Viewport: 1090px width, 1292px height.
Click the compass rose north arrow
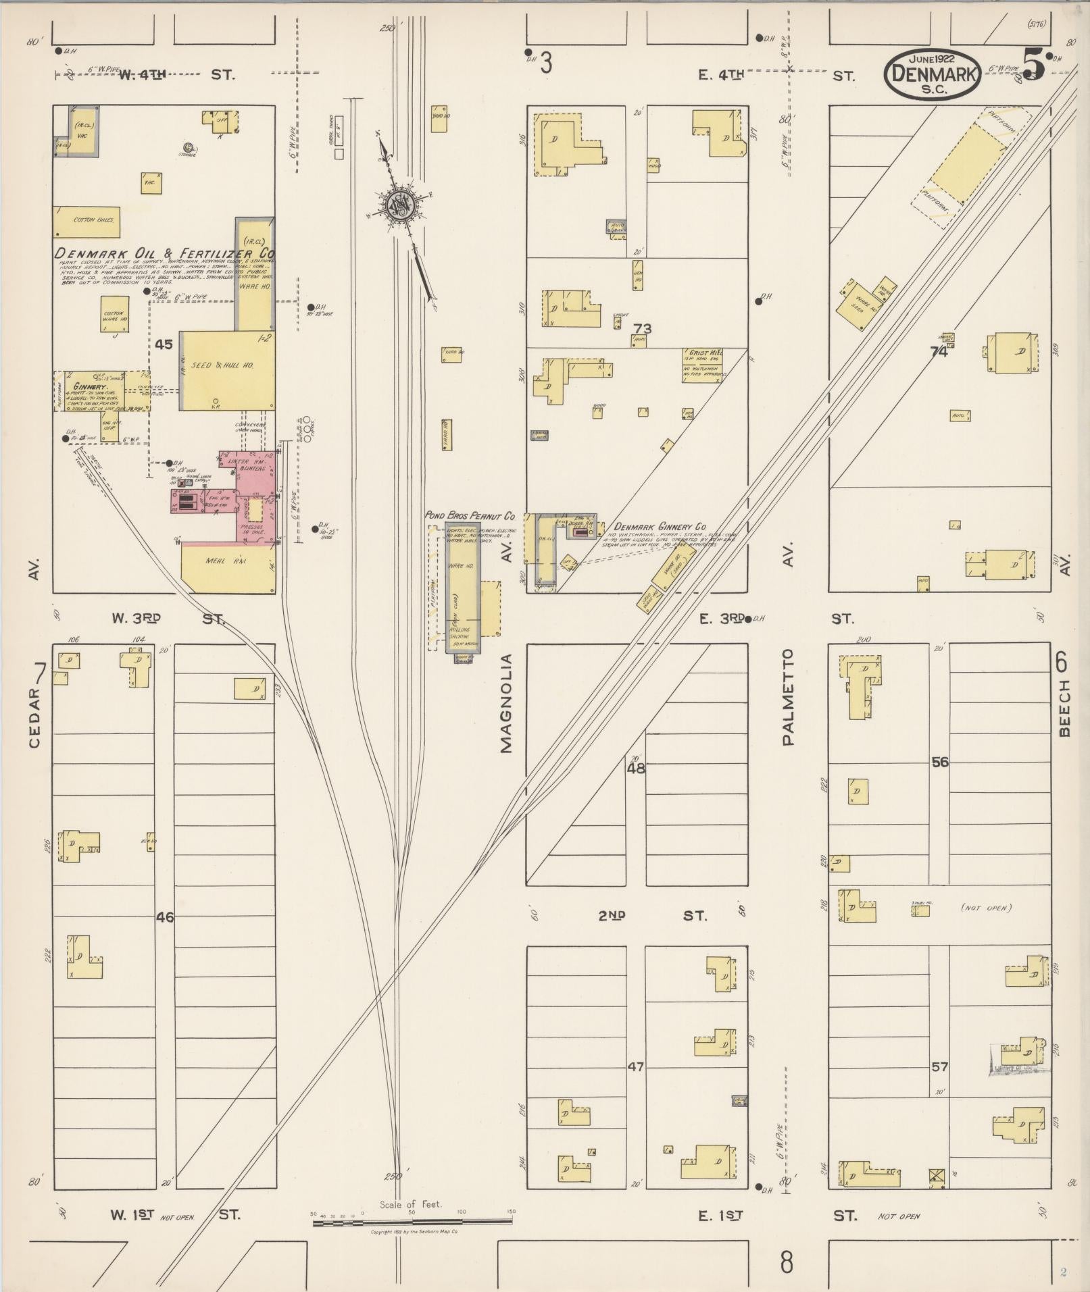pos(398,202)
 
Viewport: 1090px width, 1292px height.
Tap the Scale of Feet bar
pos(412,1220)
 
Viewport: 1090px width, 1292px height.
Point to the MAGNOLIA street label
pos(507,702)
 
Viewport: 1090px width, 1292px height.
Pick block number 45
pos(164,344)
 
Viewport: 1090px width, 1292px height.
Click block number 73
pos(643,329)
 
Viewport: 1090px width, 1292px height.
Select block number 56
pos(940,763)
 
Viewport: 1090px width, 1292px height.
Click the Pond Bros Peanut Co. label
pos(470,515)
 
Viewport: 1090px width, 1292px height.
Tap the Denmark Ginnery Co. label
pos(660,527)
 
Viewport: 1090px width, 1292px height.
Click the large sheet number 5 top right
pos(1033,63)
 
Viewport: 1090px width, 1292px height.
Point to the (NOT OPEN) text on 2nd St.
pos(986,908)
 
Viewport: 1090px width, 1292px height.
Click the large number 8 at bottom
pos(787,1262)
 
